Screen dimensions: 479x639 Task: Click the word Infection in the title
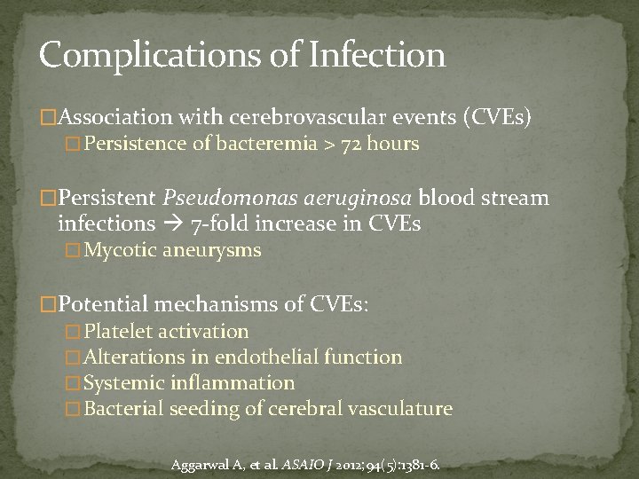pos(378,55)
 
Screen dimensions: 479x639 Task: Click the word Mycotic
pos(118,250)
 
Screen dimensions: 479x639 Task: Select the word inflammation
pos(240,383)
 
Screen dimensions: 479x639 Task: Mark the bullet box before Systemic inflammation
pos(74,384)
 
